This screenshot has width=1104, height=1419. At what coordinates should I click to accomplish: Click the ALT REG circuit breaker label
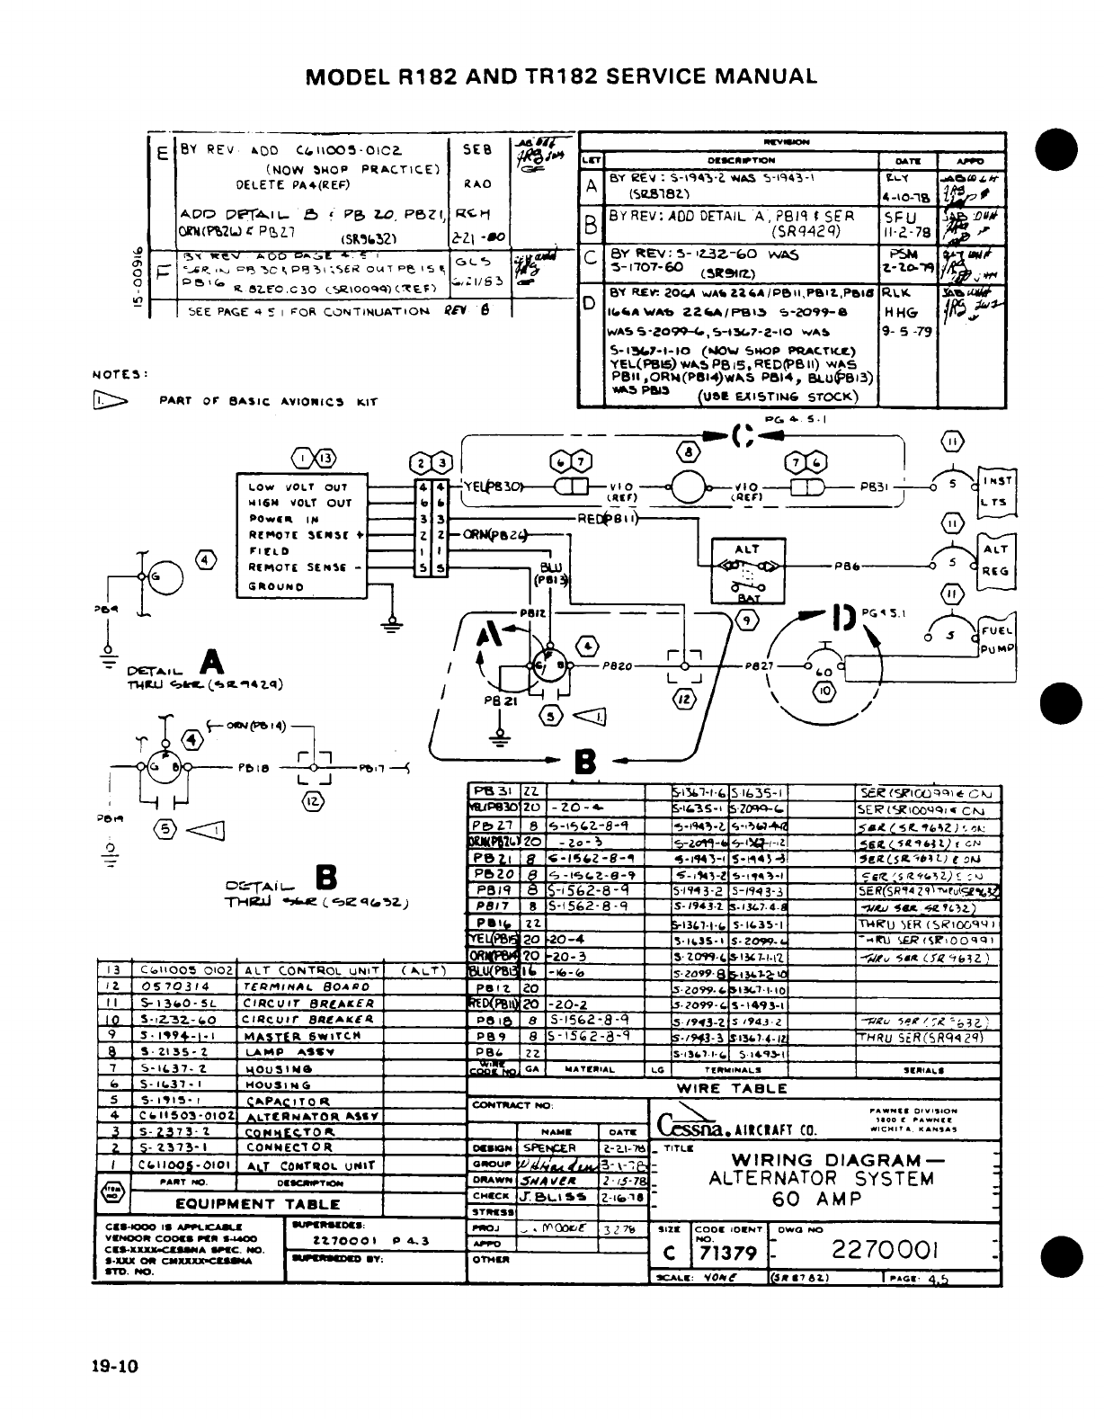(x=995, y=559)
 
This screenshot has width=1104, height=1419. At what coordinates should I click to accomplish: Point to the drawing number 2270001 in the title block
(x=886, y=1251)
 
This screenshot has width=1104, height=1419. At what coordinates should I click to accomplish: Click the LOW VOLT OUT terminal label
(x=298, y=486)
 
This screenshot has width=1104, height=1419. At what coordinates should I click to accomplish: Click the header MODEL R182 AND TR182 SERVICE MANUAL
(x=562, y=76)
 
